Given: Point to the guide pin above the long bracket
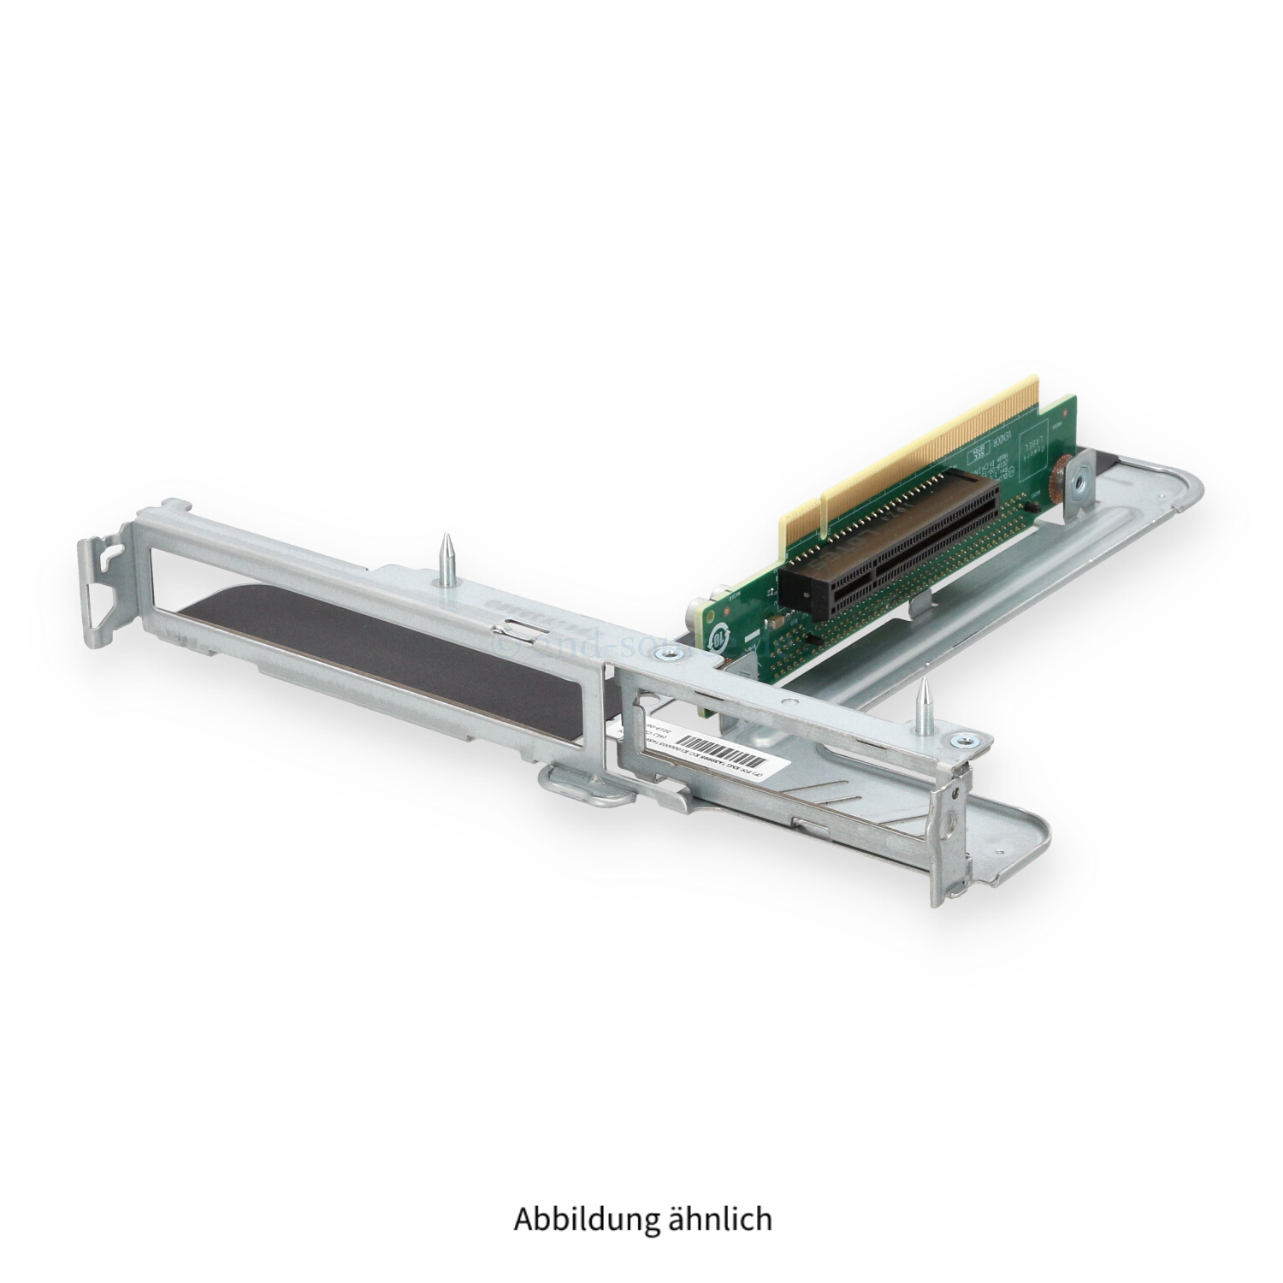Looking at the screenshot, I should (446, 556).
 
